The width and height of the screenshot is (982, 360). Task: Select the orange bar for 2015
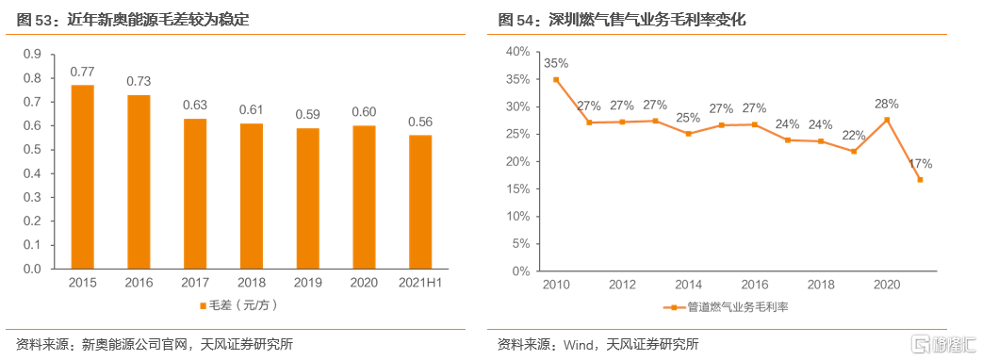83,177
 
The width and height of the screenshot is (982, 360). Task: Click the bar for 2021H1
420,202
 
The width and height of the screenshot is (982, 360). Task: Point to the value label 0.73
139,81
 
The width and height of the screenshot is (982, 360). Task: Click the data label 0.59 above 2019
307,114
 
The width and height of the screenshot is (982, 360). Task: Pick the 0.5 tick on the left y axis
32,150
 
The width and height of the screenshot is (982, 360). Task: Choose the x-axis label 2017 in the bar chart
195,283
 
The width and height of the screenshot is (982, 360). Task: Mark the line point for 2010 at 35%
556,79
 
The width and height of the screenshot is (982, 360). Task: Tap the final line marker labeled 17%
919,180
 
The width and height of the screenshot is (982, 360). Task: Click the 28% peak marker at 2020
886,119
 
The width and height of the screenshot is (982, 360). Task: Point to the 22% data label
853,136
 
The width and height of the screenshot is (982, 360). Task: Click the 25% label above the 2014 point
688,118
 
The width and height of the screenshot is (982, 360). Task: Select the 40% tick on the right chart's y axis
517,51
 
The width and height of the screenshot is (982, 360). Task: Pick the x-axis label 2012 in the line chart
622,284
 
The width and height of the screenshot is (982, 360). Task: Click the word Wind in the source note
577,344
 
